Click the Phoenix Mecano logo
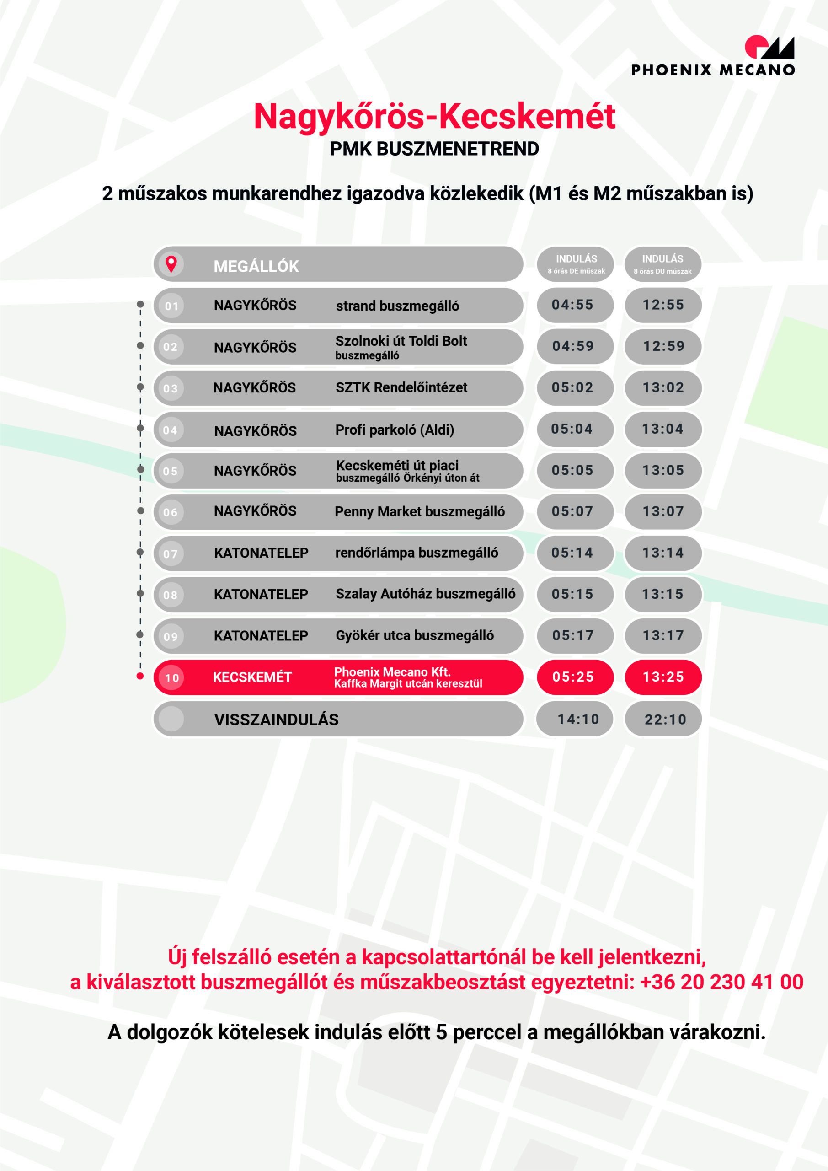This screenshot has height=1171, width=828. (713, 56)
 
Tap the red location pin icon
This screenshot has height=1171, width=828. (171, 263)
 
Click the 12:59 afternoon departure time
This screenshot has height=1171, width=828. (663, 346)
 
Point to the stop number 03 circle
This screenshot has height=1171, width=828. (170, 388)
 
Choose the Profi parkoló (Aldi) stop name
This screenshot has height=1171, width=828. (395, 430)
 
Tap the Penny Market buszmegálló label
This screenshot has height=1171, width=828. (419, 511)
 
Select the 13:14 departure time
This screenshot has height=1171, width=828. (663, 553)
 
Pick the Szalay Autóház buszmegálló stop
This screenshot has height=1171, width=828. (425, 594)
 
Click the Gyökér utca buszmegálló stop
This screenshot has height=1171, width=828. (415, 635)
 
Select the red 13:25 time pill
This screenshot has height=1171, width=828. (663, 677)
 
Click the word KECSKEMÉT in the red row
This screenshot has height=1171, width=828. (252, 677)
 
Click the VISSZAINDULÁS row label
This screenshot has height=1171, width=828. (276, 720)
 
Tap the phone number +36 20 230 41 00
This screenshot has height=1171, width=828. (721, 982)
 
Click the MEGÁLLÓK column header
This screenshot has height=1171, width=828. (256, 266)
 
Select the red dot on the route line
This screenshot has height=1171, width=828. (140, 676)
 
